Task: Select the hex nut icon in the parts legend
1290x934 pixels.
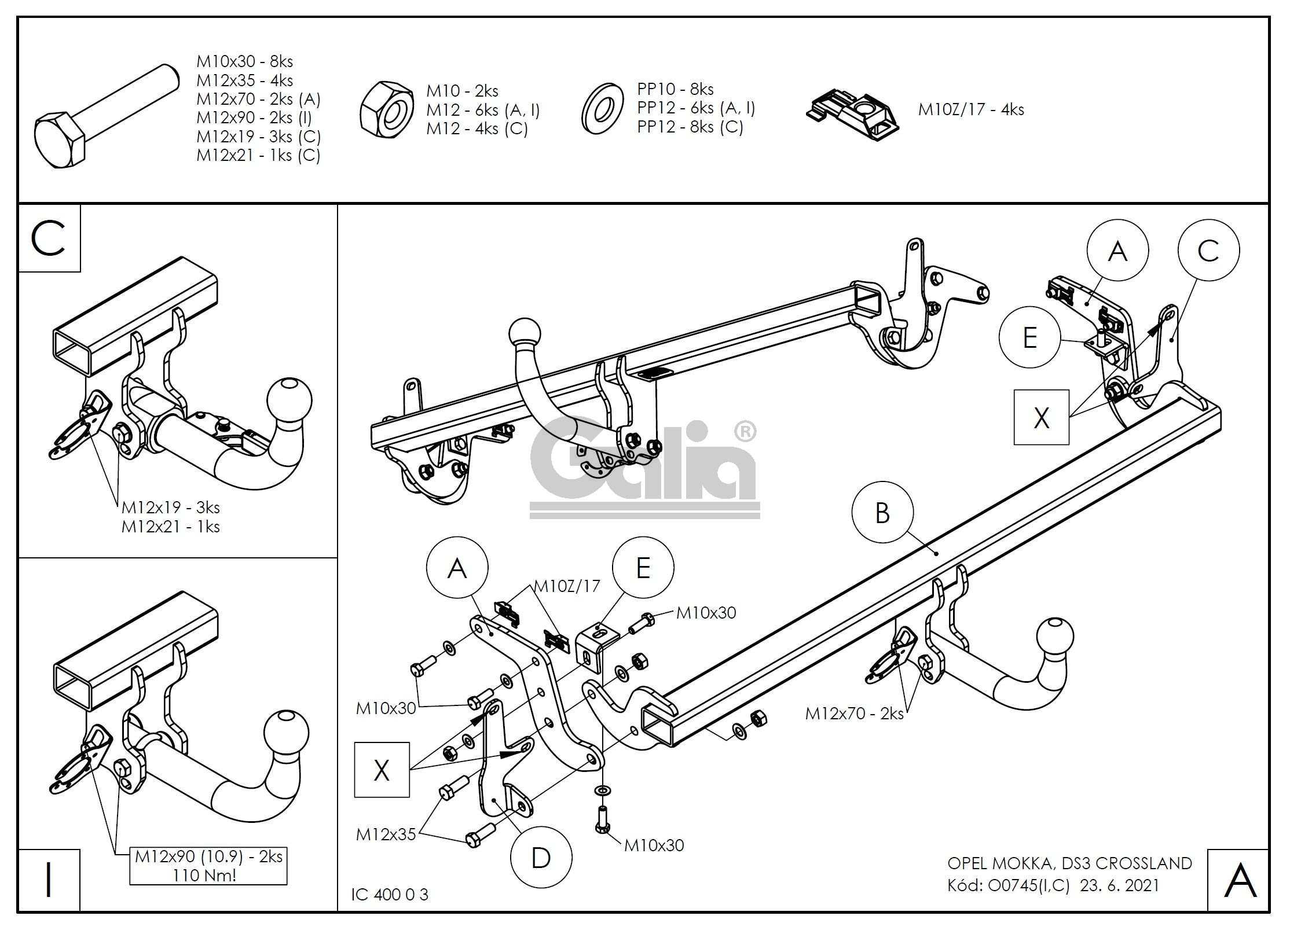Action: pos(386,109)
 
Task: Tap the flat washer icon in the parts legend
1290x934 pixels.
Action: pos(602,108)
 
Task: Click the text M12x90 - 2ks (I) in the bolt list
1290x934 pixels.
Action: pos(254,117)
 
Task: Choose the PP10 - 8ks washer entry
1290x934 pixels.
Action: pos(675,89)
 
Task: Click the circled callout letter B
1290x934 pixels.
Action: pos(882,513)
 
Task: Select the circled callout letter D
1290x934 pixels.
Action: pos(540,858)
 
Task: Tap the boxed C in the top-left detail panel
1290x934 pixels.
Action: pos(49,238)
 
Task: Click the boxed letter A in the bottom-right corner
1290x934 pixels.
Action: pos(1240,881)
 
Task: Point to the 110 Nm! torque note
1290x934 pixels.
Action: pos(204,875)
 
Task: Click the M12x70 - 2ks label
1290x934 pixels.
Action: pos(854,714)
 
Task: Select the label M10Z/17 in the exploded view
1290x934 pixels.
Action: pos(567,586)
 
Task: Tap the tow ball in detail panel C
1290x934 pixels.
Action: pos(289,400)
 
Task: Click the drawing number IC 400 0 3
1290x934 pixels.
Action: pos(389,895)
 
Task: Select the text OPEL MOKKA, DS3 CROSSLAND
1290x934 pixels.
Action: pos(1069,863)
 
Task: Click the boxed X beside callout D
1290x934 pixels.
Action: pos(382,770)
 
